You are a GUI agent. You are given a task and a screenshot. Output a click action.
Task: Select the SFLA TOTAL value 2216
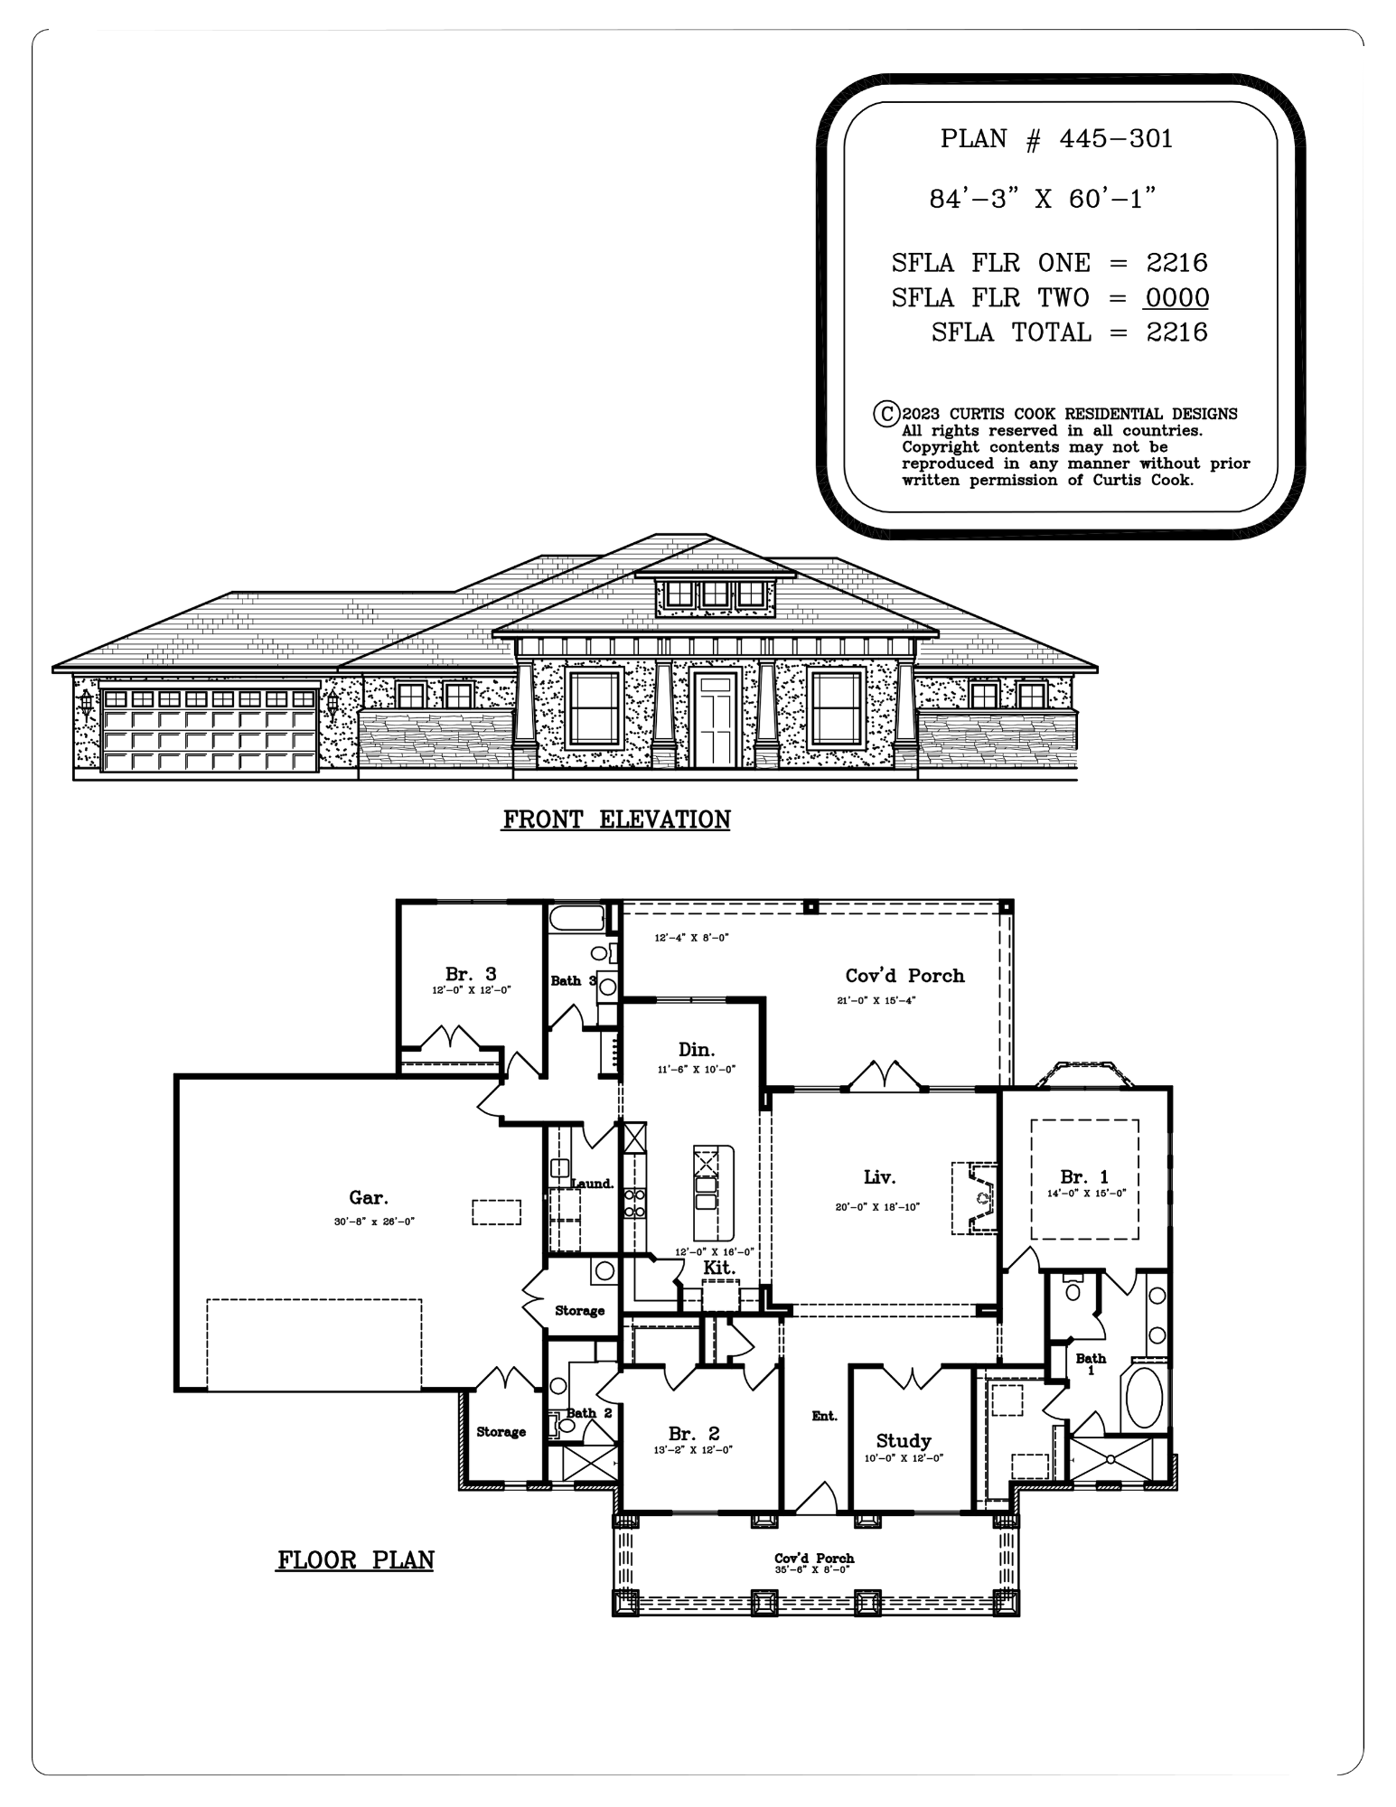pyautogui.click(x=1177, y=332)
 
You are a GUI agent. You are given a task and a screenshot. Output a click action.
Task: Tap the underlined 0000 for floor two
pyautogui.click(x=1177, y=297)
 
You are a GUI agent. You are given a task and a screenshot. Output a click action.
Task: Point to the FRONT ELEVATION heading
pyautogui.click(x=616, y=819)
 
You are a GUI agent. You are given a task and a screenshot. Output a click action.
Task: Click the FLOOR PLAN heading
pyautogui.click(x=355, y=1560)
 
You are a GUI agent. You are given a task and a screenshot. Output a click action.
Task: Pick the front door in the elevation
pyautogui.click(x=717, y=719)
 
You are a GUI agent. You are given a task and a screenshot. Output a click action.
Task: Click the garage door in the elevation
pyautogui.click(x=210, y=730)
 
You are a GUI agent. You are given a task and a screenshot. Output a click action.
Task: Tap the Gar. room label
pyautogui.click(x=369, y=1198)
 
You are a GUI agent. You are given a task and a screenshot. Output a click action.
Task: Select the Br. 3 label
pyautogui.click(x=471, y=974)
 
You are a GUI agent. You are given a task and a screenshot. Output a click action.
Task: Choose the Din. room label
pyautogui.click(x=697, y=1050)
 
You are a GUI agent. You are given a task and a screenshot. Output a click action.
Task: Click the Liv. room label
pyautogui.click(x=879, y=1177)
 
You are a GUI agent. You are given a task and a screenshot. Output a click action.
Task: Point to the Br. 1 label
pyautogui.click(x=1084, y=1177)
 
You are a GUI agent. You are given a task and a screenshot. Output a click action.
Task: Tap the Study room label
pyautogui.click(x=904, y=1441)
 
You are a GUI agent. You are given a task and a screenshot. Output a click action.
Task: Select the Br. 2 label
pyautogui.click(x=694, y=1434)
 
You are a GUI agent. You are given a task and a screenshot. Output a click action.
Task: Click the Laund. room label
pyautogui.click(x=593, y=1184)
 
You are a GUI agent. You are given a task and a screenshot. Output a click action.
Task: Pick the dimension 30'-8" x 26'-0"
pyautogui.click(x=374, y=1222)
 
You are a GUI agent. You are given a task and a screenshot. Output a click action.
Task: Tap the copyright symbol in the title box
pyautogui.click(x=885, y=414)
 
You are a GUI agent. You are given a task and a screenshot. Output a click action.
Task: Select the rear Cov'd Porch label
pyautogui.click(x=904, y=976)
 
